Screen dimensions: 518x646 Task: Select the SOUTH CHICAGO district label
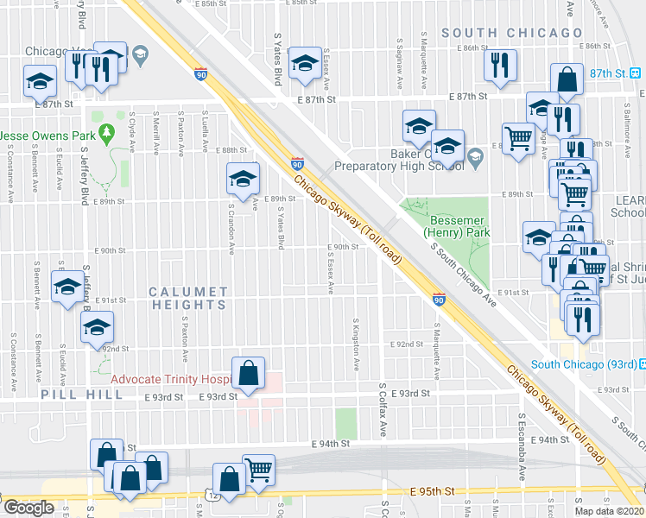(512, 33)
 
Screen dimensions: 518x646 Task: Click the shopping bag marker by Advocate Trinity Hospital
(248, 374)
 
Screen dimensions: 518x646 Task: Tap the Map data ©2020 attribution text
(608, 511)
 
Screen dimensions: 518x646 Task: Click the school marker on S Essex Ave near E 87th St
(304, 63)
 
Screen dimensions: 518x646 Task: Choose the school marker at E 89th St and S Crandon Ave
(243, 180)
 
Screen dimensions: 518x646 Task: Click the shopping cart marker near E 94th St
(258, 471)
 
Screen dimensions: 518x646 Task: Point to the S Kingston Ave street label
(356, 344)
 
